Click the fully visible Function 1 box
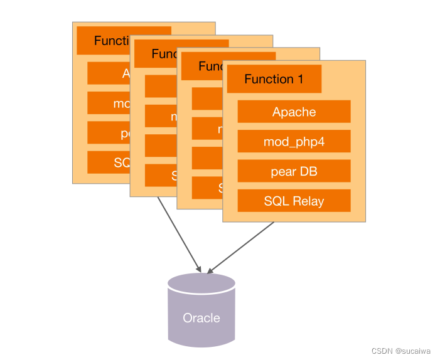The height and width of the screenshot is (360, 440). (x=274, y=79)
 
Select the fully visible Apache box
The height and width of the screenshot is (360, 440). (x=294, y=112)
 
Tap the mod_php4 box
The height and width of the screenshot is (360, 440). (x=294, y=142)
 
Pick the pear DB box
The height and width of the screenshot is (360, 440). (x=294, y=171)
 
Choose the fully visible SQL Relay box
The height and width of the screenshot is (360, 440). (x=294, y=201)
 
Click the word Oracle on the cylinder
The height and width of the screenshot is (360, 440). (x=201, y=318)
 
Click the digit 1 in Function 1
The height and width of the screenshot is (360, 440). (x=300, y=79)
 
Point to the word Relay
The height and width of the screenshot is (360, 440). (x=308, y=201)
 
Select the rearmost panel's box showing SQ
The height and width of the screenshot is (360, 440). (x=108, y=162)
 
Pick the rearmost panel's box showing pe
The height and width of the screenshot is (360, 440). (x=108, y=133)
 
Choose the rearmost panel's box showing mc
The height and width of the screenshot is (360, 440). (x=108, y=103)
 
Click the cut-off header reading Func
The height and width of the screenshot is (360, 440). (x=157, y=54)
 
